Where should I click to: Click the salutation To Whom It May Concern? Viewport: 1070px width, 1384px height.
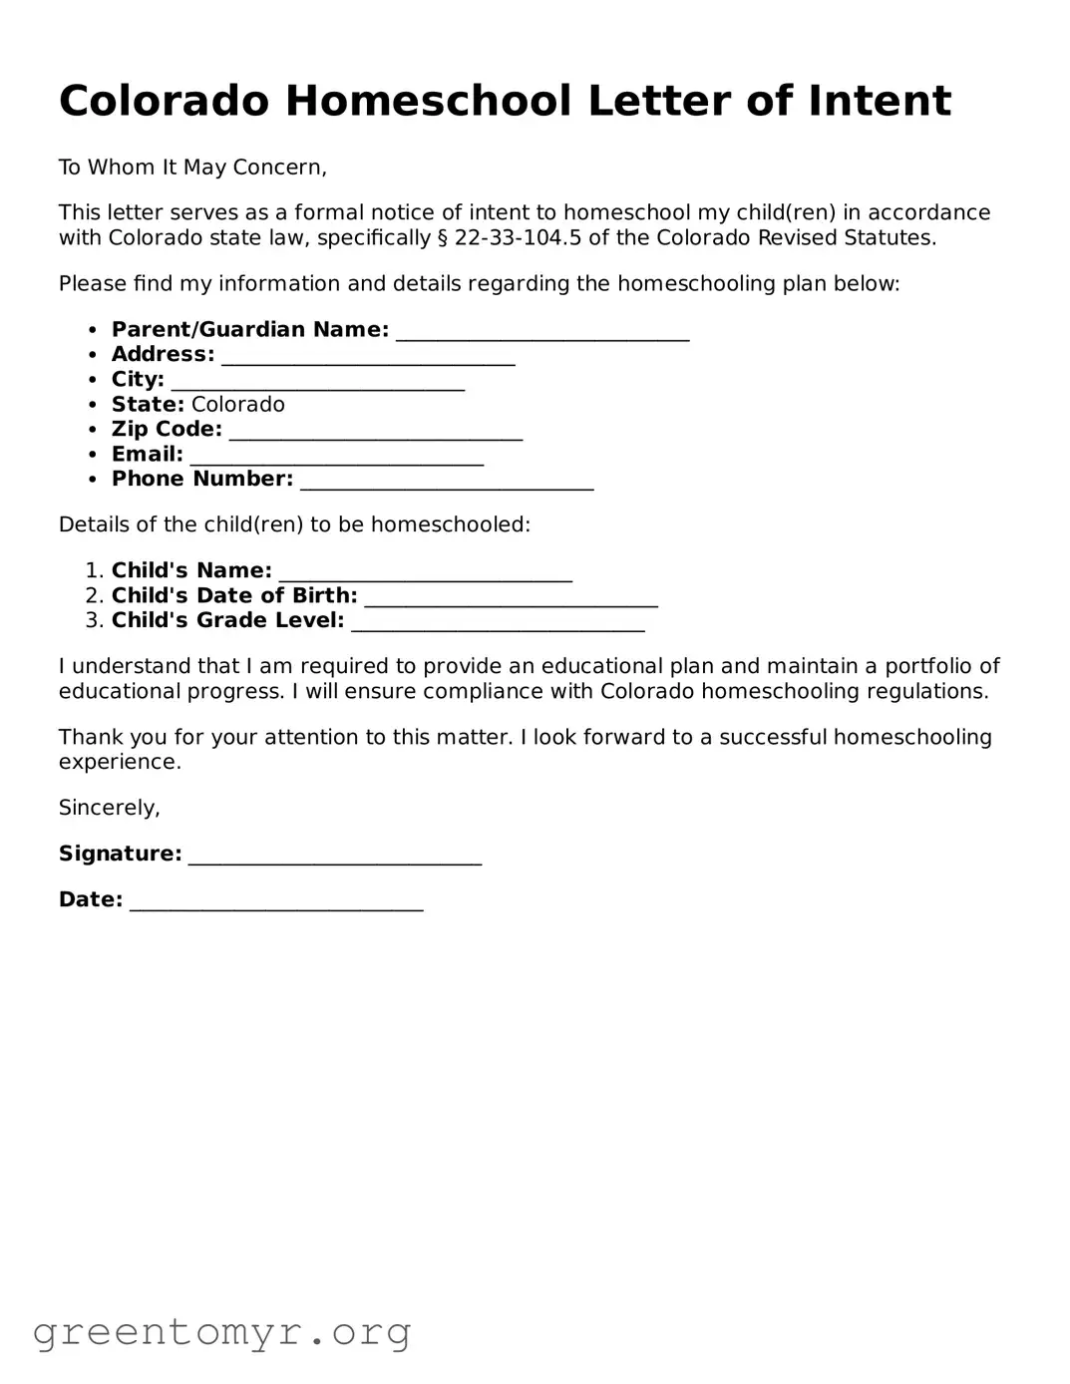click(x=192, y=168)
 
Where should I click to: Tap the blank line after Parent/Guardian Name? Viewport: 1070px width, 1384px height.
click(x=542, y=332)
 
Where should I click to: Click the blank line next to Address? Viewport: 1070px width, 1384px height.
click(x=368, y=357)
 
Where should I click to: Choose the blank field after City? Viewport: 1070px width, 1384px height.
click(x=318, y=382)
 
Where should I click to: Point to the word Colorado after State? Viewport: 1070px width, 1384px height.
click(x=237, y=405)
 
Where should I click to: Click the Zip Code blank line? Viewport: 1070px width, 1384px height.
click(x=376, y=432)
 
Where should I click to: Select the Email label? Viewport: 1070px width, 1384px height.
click(x=148, y=455)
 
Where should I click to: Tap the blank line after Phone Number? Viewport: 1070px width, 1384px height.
click(x=447, y=482)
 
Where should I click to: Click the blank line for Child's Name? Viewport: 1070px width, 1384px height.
click(x=426, y=573)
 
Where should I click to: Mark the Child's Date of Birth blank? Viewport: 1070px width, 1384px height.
click(x=511, y=598)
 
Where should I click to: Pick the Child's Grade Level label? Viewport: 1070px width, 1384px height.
click(x=227, y=620)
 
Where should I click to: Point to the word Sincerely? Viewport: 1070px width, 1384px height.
click(x=110, y=808)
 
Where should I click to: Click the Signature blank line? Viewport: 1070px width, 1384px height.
click(x=335, y=857)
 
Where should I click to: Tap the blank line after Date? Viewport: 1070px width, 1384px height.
click(x=276, y=902)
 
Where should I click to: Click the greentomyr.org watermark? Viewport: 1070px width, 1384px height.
click(x=222, y=1332)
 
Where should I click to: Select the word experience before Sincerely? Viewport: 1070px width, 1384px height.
click(x=120, y=763)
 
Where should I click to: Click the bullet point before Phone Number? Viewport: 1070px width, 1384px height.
click(x=93, y=480)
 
